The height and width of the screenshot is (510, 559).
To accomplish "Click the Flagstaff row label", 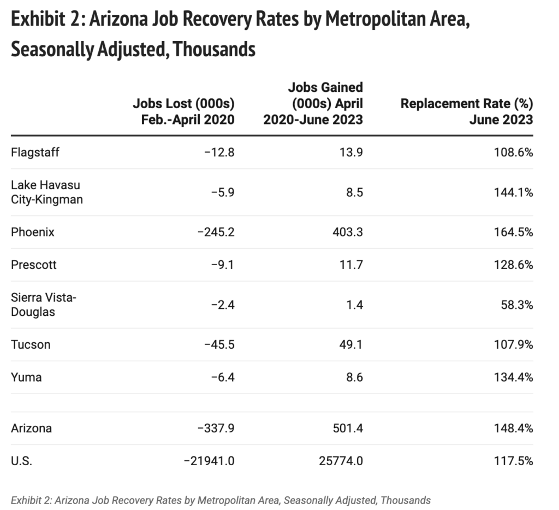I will pos(35,152).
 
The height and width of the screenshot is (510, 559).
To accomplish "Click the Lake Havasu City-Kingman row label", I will pos(47,192).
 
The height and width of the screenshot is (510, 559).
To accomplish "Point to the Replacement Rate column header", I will pos(467,112).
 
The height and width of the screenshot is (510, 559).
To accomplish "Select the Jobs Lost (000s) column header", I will pos(183,112).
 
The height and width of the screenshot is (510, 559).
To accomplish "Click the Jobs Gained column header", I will pos(313,103).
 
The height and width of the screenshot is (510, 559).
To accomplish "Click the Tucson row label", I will pos(31,344).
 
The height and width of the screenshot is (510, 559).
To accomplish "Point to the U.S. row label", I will pos(21,461).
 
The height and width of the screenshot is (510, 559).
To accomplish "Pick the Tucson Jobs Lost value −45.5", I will pos(217,344).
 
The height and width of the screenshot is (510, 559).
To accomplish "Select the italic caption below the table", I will pos(221,500).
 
